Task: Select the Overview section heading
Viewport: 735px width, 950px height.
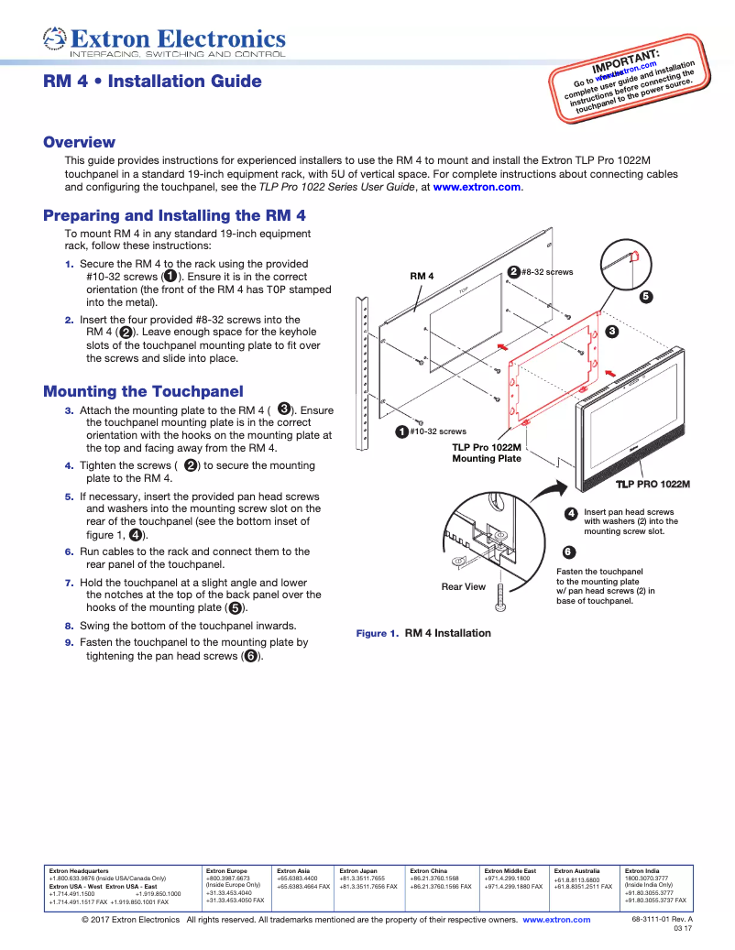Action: pyautogui.click(x=80, y=142)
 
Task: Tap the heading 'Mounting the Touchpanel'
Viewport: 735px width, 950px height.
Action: pyautogui.click(x=143, y=391)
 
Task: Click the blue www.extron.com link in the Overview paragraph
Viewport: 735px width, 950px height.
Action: pyautogui.click(x=477, y=187)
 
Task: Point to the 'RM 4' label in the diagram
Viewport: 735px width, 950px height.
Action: pyautogui.click(x=422, y=275)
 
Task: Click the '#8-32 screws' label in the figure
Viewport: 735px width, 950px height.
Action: pyautogui.click(x=547, y=272)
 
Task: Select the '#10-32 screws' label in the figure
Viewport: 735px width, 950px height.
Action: pyautogui.click(x=437, y=431)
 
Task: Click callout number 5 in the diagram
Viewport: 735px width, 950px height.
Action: pyautogui.click(x=645, y=297)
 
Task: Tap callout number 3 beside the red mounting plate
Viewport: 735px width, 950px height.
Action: pyautogui.click(x=611, y=331)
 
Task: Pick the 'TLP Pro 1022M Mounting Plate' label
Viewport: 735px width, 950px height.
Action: pyautogui.click(x=486, y=453)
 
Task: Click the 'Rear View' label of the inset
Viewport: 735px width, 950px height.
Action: pyautogui.click(x=464, y=586)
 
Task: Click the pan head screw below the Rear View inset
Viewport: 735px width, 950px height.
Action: pyautogui.click(x=499, y=596)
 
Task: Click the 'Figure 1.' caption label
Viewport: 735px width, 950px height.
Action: pyautogui.click(x=377, y=633)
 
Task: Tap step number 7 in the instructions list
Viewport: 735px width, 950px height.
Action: pyautogui.click(x=69, y=583)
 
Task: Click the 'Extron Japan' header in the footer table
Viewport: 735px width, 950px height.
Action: pyautogui.click(x=358, y=870)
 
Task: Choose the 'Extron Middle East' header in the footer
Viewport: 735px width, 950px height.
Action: pyautogui.click(x=510, y=870)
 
